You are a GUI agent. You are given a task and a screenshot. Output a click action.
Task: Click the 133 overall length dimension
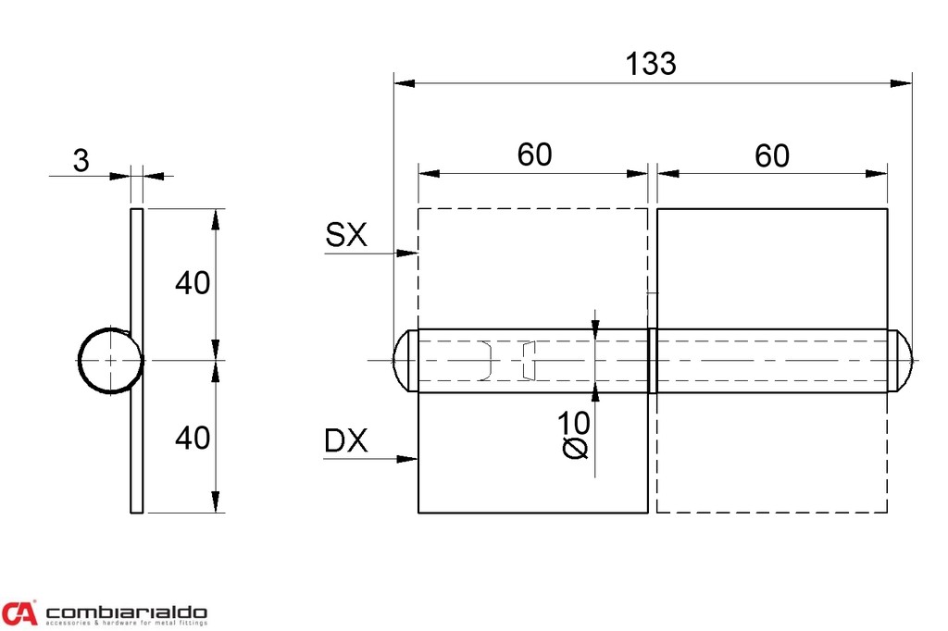click(651, 64)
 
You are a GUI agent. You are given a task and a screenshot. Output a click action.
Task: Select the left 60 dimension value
click(534, 155)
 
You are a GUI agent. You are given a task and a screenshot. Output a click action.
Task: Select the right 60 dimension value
click(771, 155)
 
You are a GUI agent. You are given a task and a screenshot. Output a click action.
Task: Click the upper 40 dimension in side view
click(193, 283)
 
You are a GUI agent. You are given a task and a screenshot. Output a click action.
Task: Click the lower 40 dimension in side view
click(193, 437)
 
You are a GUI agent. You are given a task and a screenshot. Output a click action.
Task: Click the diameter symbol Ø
click(575, 449)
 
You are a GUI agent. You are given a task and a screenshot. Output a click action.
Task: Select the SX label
click(345, 236)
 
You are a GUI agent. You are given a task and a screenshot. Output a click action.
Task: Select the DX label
click(345, 442)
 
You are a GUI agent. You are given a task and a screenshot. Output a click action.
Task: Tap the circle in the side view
click(109, 361)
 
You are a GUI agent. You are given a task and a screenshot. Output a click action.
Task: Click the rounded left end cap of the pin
click(404, 360)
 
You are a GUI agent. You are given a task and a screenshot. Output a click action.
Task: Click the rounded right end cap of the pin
click(901, 360)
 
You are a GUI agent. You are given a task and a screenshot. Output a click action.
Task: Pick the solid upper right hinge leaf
click(772, 268)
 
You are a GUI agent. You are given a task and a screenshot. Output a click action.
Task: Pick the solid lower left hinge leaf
click(532, 452)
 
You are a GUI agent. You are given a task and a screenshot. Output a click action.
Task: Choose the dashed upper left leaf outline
click(532, 268)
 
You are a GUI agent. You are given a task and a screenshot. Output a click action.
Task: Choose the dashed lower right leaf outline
click(772, 452)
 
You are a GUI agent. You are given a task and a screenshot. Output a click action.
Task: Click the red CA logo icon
click(19, 612)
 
